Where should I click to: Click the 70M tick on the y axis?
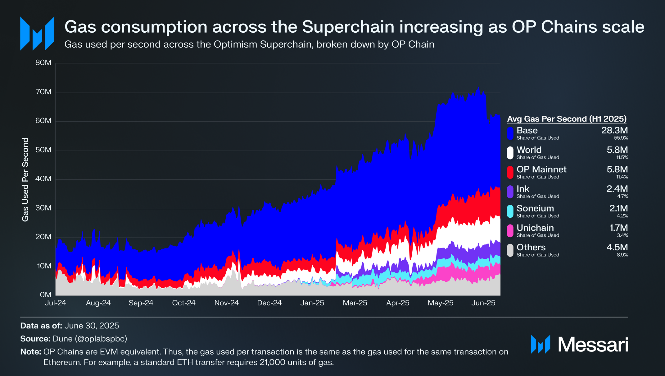[x=43, y=92]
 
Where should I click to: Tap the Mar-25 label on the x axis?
[x=355, y=303]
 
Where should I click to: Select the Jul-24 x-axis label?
[x=56, y=303]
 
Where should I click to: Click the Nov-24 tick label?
[x=227, y=303]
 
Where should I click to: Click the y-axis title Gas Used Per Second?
[x=25, y=179]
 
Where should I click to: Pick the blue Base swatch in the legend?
[x=510, y=133]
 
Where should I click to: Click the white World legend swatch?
[x=510, y=153]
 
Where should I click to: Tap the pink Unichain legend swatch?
[x=510, y=231]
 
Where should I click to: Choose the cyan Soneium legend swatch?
[x=510, y=211]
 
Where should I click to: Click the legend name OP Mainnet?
[x=541, y=169]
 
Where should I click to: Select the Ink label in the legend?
[x=523, y=189]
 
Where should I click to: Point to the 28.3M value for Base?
[x=614, y=131]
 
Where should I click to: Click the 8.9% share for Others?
[x=622, y=255]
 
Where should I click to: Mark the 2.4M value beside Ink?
[x=617, y=189]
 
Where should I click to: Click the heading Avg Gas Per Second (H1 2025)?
[x=567, y=119]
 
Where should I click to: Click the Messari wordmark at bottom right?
[x=593, y=345]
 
